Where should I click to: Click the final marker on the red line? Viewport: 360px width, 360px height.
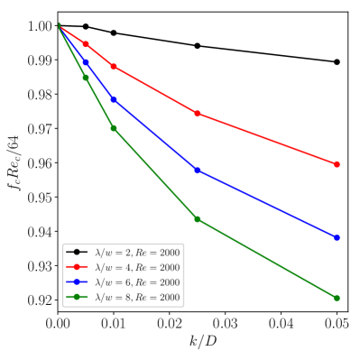tap(337, 164)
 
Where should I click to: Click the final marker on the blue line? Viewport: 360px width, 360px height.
tap(337, 237)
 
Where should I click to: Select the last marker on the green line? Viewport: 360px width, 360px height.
tap(337, 298)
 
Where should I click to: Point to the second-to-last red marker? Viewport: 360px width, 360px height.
tap(198, 114)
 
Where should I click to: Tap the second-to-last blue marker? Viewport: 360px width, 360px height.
tap(198, 171)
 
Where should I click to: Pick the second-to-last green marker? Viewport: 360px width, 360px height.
tap(198, 219)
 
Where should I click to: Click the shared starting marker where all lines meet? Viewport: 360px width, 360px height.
tap(59, 26)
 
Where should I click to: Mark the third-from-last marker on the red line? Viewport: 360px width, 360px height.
tap(114, 67)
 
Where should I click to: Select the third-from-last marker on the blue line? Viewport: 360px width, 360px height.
tap(114, 99)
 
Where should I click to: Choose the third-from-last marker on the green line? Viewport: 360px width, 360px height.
tap(114, 128)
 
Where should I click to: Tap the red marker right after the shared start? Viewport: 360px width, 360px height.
tap(87, 44)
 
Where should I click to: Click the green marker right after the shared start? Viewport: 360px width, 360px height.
tap(87, 78)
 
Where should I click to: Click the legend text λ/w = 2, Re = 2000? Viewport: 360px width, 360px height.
tap(137, 253)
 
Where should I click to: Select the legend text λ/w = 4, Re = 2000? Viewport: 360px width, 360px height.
tap(137, 267)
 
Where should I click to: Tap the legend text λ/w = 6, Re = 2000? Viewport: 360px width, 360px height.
tap(137, 282)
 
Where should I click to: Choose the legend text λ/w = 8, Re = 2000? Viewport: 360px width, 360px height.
tap(137, 297)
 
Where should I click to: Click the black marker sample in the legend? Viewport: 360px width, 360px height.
tap(78, 253)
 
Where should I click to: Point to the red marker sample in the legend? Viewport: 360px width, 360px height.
tap(78, 267)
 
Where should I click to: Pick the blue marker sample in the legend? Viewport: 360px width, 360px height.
tap(78, 282)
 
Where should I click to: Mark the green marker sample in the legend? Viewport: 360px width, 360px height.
tap(78, 297)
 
